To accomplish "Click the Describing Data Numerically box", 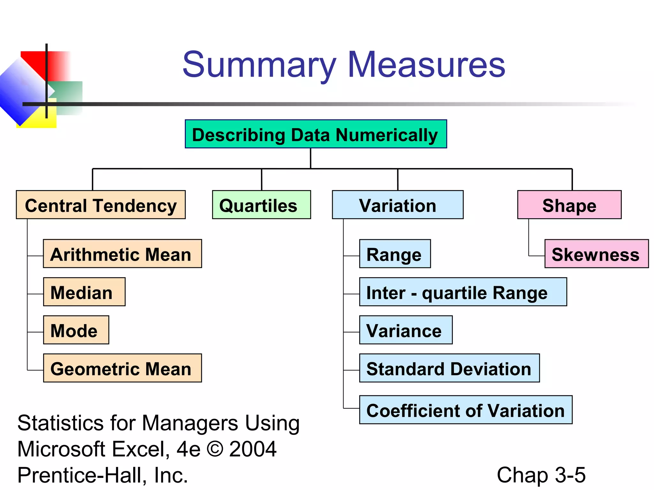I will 316,134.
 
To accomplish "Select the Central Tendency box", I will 101,205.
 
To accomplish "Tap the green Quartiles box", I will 261,205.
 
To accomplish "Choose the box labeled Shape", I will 569,205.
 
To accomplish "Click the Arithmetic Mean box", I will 122,254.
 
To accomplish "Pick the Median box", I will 84,292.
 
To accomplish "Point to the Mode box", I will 76,330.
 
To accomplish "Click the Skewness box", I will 596,254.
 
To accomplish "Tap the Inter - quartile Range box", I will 463,292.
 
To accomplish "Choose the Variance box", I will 406,330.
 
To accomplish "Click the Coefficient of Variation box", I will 466,410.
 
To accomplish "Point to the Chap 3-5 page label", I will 541,475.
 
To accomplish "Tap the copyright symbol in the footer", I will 215,449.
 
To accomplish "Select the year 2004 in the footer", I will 253,449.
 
